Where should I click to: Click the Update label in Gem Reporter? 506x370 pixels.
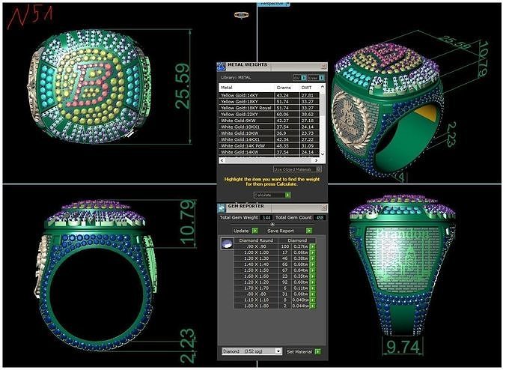click(x=241, y=231)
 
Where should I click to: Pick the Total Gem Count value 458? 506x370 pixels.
click(x=319, y=217)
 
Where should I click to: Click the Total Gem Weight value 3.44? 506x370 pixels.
click(x=266, y=217)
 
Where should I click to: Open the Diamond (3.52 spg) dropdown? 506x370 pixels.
click(x=252, y=351)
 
